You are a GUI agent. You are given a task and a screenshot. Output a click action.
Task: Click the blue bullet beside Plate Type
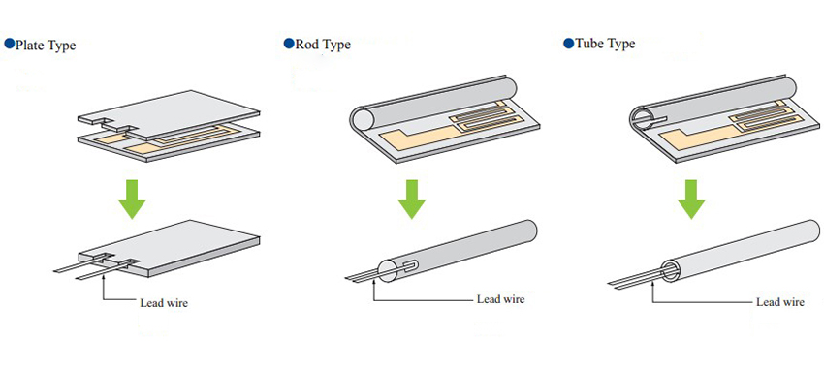[x=10, y=44]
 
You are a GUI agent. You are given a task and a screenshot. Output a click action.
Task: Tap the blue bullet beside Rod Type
[x=289, y=43]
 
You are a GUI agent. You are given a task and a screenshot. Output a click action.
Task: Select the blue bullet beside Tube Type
[x=568, y=43]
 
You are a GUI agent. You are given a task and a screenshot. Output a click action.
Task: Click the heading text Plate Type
[x=46, y=46]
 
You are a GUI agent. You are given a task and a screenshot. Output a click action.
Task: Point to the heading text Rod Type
[x=323, y=45]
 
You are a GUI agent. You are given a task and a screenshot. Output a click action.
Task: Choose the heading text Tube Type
[x=605, y=45]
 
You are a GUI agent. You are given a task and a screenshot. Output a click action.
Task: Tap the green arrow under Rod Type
[x=411, y=199]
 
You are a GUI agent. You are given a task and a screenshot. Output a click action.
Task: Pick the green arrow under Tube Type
[x=690, y=199]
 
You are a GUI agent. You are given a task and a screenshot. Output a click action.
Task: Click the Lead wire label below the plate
[x=164, y=303]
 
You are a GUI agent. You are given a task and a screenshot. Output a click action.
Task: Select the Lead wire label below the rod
[x=500, y=299]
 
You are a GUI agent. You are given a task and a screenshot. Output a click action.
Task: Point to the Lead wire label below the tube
[x=779, y=302]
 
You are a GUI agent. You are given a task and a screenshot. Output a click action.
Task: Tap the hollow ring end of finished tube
[x=671, y=270]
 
